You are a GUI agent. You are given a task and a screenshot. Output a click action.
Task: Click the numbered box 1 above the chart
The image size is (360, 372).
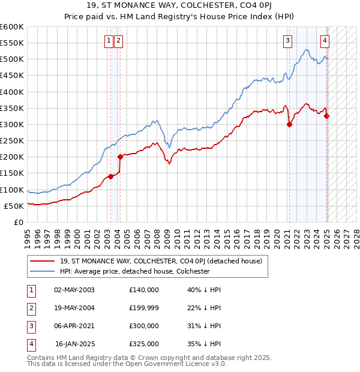tap(109, 41)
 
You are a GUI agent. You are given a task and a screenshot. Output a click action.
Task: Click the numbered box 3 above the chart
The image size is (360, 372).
tap(288, 41)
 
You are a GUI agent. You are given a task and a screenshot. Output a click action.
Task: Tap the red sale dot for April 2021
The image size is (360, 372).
tap(289, 125)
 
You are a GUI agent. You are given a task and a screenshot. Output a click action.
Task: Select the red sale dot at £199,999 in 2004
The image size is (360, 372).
tap(120, 157)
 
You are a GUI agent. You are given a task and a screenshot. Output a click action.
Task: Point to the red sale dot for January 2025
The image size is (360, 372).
tap(326, 116)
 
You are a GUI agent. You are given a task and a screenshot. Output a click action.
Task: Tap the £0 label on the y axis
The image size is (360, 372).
tap(18, 222)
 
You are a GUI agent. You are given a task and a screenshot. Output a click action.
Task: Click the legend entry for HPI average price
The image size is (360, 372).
tap(134, 271)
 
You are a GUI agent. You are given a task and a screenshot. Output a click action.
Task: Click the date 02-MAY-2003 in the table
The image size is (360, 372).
tap(74, 290)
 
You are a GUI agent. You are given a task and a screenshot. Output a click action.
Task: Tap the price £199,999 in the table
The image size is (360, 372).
tap(144, 308)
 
